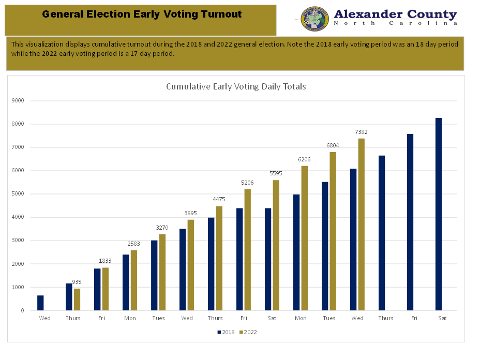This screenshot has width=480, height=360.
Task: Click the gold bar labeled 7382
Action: pos(361,224)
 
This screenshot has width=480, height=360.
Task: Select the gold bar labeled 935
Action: pos(77,299)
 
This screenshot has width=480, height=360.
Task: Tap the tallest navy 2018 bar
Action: pos(439,214)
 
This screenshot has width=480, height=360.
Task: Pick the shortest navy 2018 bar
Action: pos(40,303)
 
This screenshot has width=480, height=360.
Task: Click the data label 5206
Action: pos(247,183)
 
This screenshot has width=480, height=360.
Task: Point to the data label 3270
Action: pos(162,228)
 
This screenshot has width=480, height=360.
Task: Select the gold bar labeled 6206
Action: pos(304,238)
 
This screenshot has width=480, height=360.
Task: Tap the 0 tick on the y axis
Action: pos(22,310)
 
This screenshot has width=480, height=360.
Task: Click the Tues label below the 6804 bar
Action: pos(329,318)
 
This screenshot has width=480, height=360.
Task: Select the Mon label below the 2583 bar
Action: pos(130,318)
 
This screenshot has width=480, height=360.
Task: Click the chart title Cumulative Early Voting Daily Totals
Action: pos(236,86)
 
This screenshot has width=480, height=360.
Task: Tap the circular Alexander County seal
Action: pos(314,20)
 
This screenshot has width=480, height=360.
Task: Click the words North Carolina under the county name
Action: pos(396,23)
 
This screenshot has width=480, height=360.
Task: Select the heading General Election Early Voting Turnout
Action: pos(142,14)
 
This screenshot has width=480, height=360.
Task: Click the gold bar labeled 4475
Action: pos(219,258)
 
